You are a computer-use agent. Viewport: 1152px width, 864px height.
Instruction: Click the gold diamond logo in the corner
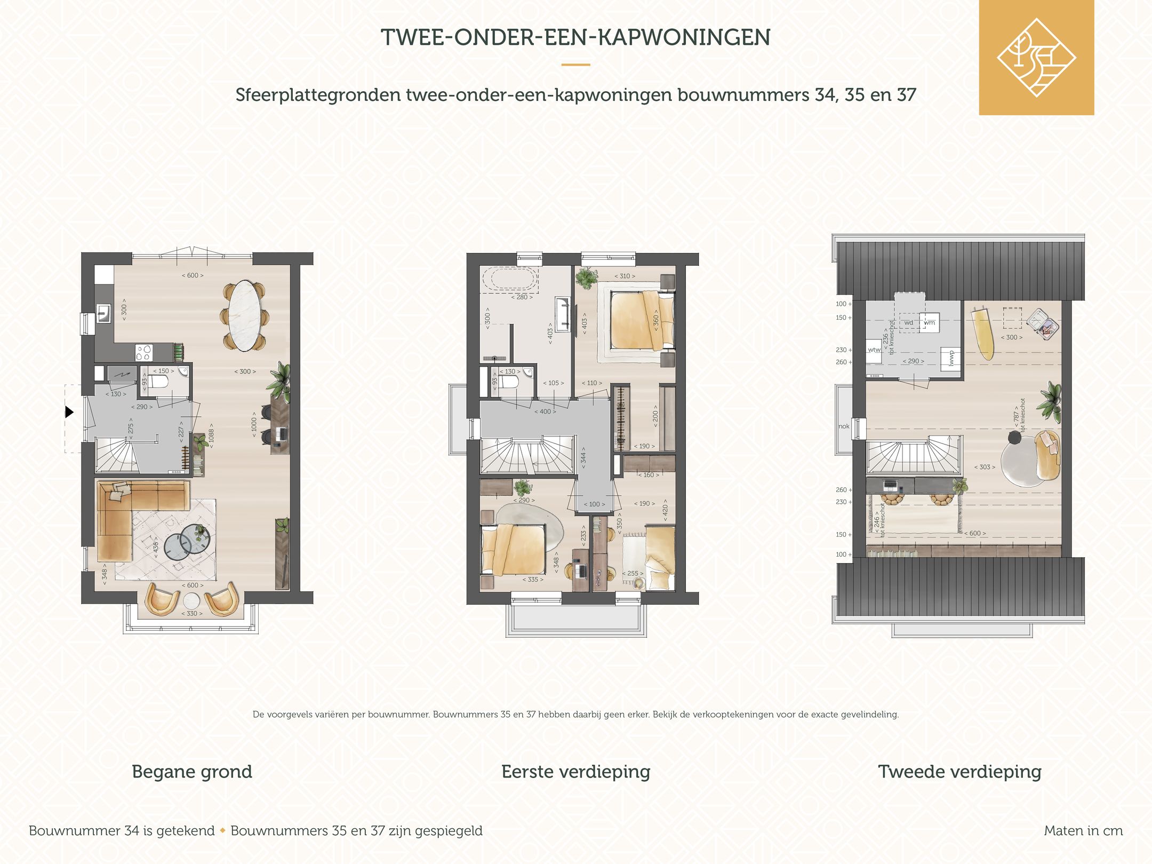1036,58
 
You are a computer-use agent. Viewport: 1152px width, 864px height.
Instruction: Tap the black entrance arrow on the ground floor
69,412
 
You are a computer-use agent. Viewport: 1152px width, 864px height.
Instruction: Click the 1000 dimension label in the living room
254,424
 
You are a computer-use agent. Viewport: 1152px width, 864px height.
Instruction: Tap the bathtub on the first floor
509,280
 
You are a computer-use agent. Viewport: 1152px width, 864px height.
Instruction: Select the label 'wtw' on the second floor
874,350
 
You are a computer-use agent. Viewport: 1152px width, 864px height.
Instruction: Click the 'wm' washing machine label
930,322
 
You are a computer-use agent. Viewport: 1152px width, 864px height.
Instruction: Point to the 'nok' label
844,426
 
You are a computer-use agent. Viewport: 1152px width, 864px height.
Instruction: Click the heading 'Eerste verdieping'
575,772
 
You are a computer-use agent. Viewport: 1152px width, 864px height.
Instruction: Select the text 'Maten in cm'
1083,831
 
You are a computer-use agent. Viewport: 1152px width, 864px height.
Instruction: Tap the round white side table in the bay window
192,600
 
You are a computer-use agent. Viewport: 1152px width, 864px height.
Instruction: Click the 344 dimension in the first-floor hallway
583,458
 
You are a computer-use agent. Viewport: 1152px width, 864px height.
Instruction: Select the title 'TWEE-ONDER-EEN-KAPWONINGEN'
575,37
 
